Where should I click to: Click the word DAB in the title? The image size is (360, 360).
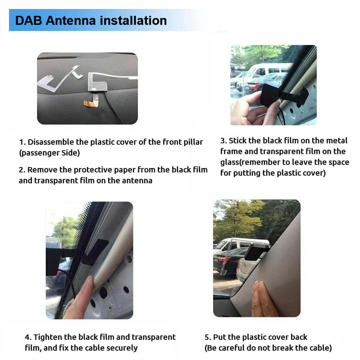tap(29, 21)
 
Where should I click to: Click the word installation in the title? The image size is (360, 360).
tap(134, 21)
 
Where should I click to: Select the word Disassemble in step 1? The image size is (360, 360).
tap(51, 142)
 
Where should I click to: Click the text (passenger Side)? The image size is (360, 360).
tap(49, 153)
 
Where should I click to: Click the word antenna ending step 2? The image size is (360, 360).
tap(137, 181)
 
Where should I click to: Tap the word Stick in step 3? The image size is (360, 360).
tap(238, 140)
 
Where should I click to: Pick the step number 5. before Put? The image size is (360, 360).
tap(208, 337)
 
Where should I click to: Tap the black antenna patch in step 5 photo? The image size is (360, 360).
tap(254, 252)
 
